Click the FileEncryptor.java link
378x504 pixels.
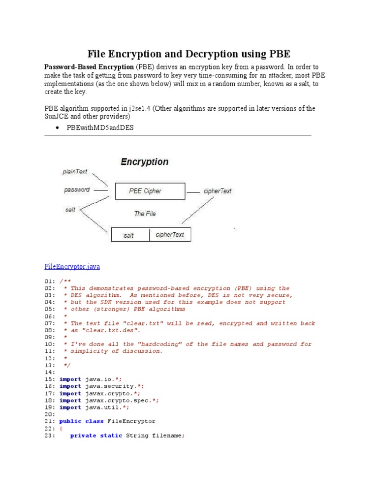[72, 267]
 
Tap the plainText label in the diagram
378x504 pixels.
[75, 172]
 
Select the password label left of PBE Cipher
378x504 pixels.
[77, 189]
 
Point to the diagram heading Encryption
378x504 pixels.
[144, 162]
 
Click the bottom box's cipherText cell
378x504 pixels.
[170, 235]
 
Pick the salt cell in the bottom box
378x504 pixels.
[129, 235]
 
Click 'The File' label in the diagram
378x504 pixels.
[145, 214]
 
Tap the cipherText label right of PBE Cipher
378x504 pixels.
[218, 191]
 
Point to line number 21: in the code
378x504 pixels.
[50, 421]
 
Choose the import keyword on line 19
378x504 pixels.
[70, 408]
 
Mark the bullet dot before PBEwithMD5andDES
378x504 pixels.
[58, 128]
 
